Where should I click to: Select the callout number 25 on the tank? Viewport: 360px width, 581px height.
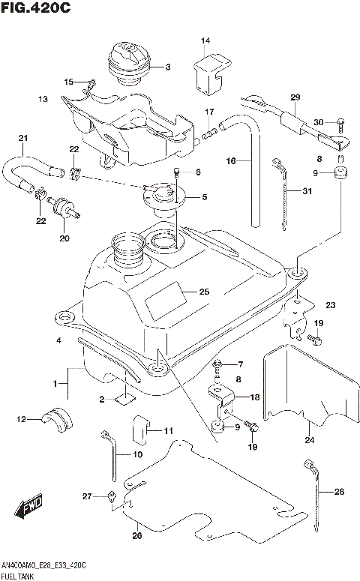tap(204, 292)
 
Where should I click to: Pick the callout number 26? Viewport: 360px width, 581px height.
tap(136, 535)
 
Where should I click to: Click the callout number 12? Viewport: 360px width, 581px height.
tap(21, 419)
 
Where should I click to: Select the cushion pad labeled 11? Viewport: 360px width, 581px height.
tap(142, 427)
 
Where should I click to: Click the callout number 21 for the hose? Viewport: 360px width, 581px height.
tap(22, 138)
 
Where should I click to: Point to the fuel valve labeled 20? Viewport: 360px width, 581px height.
tap(61, 206)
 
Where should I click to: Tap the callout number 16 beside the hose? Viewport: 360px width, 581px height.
tap(231, 160)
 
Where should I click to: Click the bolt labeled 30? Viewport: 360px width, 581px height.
tap(337, 122)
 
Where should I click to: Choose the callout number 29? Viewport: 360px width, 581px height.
tap(294, 98)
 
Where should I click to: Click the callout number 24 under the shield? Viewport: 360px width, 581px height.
tap(308, 440)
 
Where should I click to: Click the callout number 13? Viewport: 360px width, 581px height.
tap(43, 98)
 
